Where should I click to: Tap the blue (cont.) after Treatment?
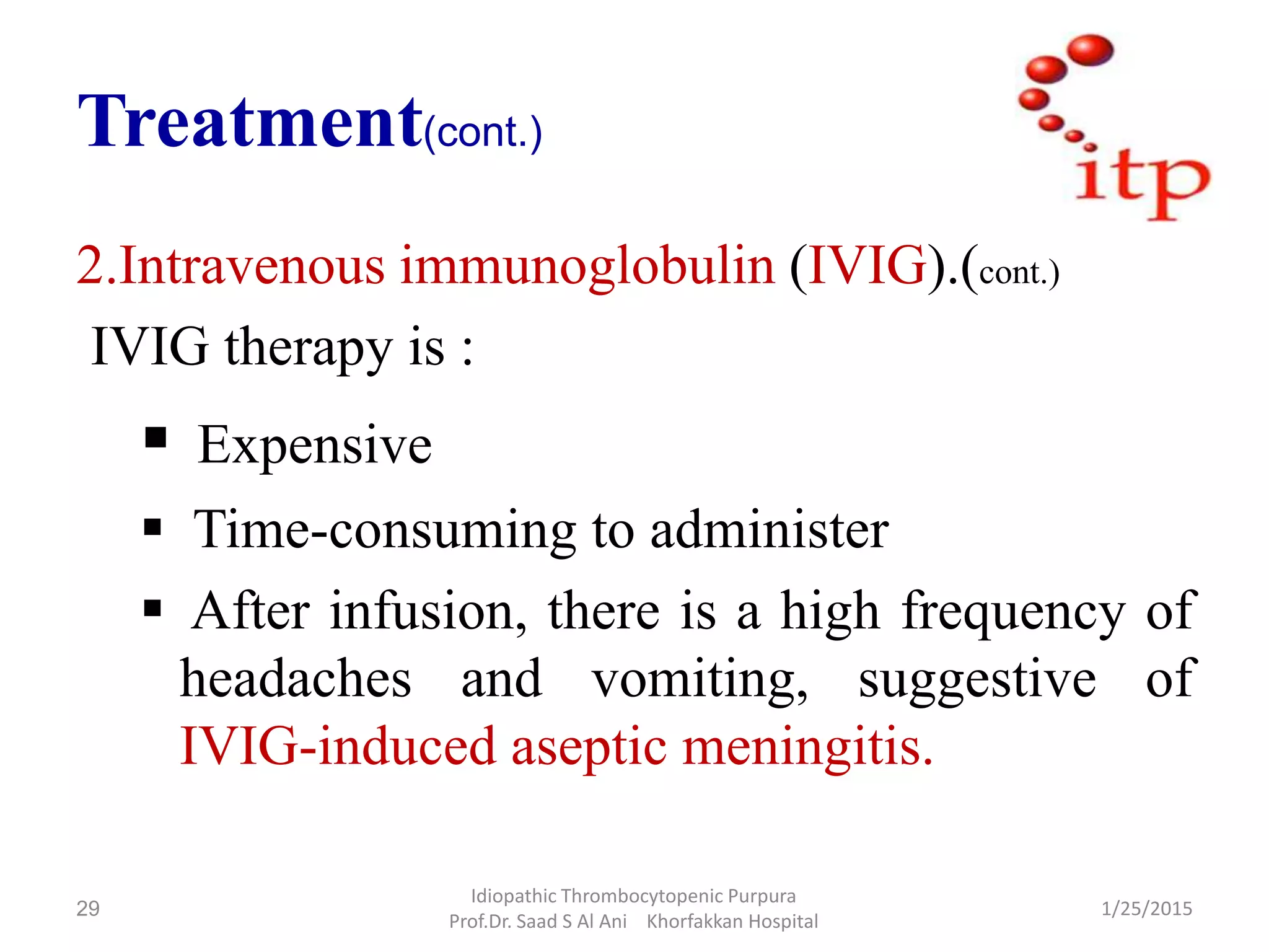(x=483, y=132)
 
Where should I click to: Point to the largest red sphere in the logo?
(x=1090, y=50)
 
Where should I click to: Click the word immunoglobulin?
(x=587, y=267)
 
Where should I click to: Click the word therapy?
(x=308, y=348)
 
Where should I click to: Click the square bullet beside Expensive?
(x=156, y=438)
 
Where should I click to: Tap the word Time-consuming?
(x=385, y=530)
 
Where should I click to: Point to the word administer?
(x=769, y=530)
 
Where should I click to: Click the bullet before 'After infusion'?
(x=152, y=608)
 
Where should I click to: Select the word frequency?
(x=1012, y=612)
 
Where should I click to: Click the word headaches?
(x=296, y=679)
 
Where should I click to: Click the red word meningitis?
(x=806, y=747)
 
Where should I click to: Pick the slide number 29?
(x=87, y=909)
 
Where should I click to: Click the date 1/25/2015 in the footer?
(x=1146, y=909)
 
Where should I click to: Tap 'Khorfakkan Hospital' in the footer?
(x=732, y=922)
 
